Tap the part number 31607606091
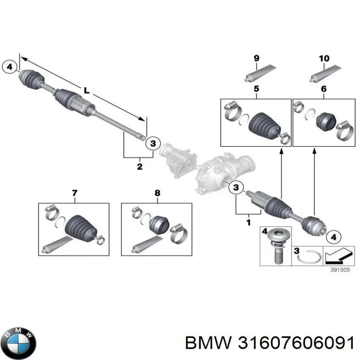click(296, 343)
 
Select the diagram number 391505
click(340, 270)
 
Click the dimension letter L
click(86, 90)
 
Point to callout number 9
click(256, 58)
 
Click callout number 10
click(324, 58)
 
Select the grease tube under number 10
click(325, 74)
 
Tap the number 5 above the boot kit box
click(256, 89)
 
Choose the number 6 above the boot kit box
click(324, 89)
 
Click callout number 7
click(75, 193)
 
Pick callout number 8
click(157, 193)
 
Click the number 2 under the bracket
click(139, 166)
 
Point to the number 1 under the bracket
click(248, 222)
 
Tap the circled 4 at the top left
click(9, 67)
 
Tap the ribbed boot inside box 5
click(264, 126)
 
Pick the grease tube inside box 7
click(58, 245)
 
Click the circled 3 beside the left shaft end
click(153, 144)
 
